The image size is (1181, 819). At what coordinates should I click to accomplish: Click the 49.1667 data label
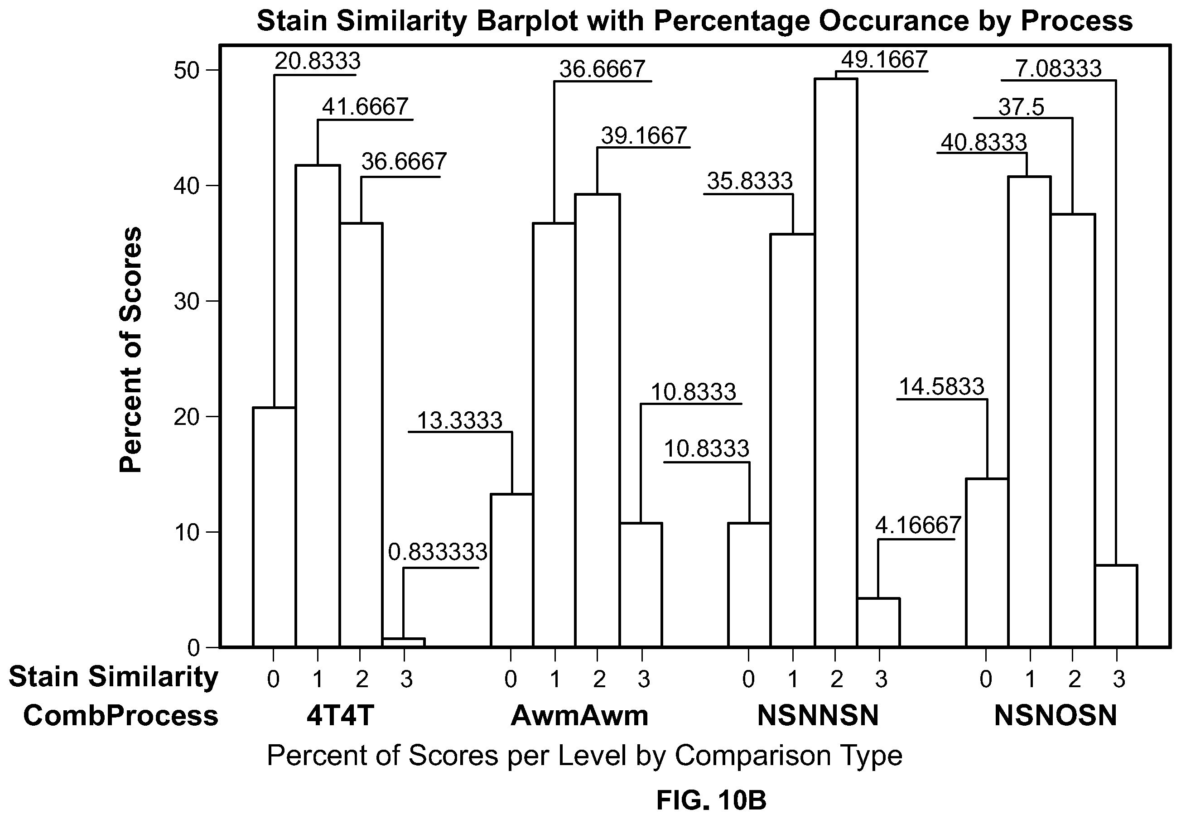point(884,59)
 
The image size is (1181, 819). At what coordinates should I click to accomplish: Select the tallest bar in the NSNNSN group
point(836,362)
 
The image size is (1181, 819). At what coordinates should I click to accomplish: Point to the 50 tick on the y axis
point(186,70)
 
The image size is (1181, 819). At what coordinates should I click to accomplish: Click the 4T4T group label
point(340,715)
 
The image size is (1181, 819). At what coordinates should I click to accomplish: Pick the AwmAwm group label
point(580,715)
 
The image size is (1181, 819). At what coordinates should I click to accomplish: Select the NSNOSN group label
point(1056,715)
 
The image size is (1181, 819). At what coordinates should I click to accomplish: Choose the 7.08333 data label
point(1058,68)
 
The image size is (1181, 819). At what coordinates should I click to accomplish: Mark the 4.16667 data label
point(918,525)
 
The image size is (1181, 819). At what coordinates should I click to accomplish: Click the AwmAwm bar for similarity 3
point(641,584)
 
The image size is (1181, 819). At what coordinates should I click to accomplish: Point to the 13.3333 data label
point(460,420)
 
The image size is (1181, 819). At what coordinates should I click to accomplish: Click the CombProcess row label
point(121,715)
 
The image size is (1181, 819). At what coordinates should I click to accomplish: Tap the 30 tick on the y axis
point(186,302)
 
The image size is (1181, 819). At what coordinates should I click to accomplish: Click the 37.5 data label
point(1021,107)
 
